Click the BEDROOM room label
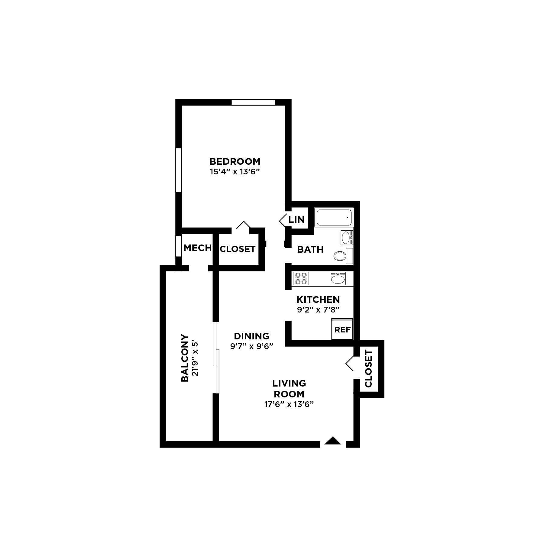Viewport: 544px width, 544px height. (235, 161)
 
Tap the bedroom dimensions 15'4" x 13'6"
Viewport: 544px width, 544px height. (235, 172)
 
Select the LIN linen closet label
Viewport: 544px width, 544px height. (296, 220)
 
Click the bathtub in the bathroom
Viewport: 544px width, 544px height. (334, 217)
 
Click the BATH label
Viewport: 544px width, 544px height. (310, 249)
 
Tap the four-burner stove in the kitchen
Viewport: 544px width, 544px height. (301, 278)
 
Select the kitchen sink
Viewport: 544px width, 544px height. (338, 279)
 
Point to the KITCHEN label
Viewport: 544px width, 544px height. (318, 300)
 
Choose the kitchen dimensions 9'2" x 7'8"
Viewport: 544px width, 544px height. (318, 310)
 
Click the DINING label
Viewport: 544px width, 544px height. (251, 336)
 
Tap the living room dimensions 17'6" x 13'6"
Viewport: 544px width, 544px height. (289, 404)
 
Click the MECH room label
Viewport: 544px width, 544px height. (197, 248)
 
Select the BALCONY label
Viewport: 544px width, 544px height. (185, 358)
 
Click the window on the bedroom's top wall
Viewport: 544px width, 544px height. (253, 102)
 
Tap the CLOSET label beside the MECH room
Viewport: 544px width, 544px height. (238, 249)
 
